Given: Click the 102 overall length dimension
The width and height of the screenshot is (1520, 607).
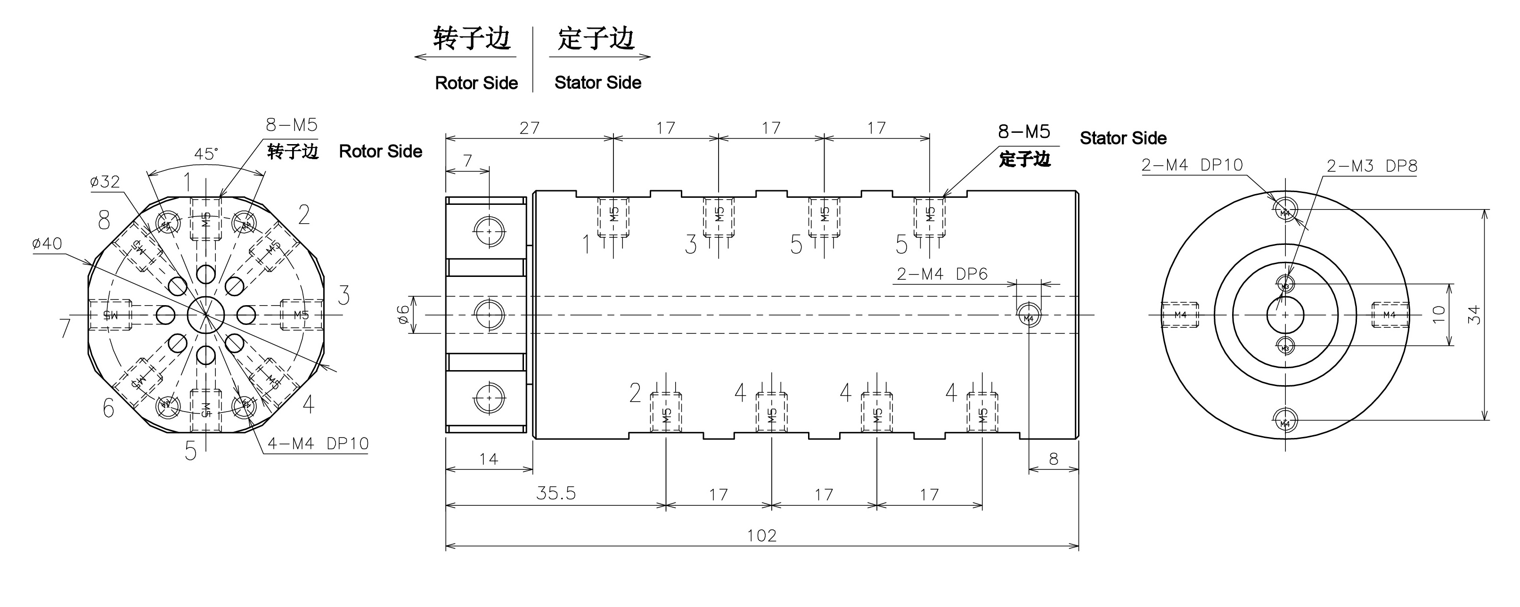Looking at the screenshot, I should click(x=762, y=535).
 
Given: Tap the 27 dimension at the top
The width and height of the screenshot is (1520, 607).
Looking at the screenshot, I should click(x=529, y=128).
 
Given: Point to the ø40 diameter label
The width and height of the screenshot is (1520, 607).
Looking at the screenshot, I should click(x=47, y=243).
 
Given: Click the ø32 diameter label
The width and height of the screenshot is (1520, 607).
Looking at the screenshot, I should click(x=105, y=182).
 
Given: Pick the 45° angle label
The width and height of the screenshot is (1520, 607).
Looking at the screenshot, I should click(x=206, y=154).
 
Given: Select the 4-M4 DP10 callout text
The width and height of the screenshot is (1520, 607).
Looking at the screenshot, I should click(x=318, y=444).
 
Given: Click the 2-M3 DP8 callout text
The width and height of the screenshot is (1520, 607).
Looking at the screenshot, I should click(x=1371, y=166).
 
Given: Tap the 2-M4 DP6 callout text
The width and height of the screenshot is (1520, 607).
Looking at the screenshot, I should click(x=942, y=274).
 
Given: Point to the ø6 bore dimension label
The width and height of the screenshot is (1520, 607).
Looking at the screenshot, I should click(x=402, y=315).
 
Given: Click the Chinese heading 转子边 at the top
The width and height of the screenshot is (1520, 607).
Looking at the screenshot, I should click(x=472, y=39).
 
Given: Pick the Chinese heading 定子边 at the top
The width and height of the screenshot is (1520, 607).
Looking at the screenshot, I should click(x=596, y=39).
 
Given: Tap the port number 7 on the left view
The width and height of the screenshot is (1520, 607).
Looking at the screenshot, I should click(x=65, y=328).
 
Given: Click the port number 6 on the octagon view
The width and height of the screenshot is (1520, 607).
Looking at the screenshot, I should click(x=108, y=408).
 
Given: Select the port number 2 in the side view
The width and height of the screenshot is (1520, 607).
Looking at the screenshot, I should click(x=635, y=393).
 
